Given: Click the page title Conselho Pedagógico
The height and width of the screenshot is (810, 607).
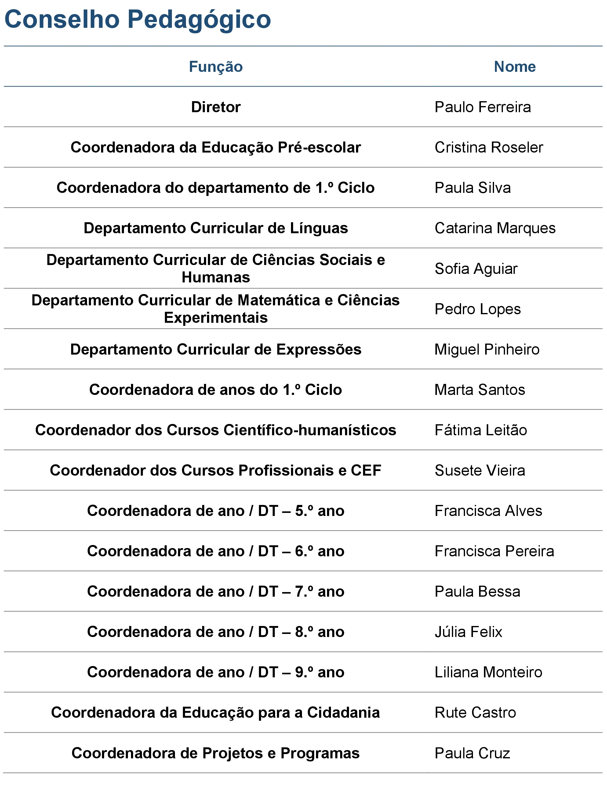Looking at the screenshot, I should pos(138,19).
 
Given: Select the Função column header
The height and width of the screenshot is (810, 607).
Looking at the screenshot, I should pos(216,67).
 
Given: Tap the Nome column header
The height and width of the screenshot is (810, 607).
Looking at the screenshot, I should pos(514,67).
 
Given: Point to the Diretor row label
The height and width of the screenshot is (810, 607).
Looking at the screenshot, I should pos(216,107).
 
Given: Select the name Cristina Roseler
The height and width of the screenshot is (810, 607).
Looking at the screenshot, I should pos(489,147).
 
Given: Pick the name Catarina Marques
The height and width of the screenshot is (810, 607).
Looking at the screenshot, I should pos(495,228).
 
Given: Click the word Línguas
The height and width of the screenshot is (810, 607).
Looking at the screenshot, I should pos(319,228).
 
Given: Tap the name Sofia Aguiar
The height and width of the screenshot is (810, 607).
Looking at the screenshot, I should pos(476,269).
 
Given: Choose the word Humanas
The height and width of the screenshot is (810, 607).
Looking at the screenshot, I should pos(216,277).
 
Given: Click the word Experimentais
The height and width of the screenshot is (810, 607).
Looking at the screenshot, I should pos(216,318).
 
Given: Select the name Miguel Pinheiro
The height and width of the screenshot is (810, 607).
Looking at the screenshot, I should pos(487,349).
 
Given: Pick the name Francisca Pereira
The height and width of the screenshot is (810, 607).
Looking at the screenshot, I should pos(494,551).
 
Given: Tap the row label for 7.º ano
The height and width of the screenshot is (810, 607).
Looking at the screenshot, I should pos(216,591).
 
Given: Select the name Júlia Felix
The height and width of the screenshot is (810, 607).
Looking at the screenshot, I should pos(468,632).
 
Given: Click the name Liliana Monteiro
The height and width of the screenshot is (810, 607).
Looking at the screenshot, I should pos(488,672).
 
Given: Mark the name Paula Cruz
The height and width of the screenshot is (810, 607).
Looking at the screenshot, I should pos(472,753).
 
